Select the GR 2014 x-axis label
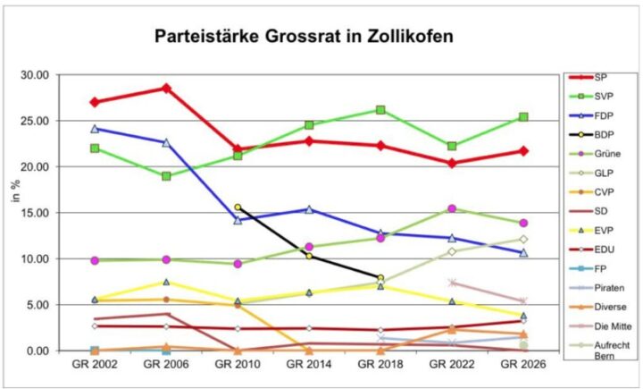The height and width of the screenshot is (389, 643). (x=308, y=365)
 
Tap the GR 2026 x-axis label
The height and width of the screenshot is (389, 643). (x=523, y=365)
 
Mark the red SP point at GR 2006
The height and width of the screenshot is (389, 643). (x=165, y=88)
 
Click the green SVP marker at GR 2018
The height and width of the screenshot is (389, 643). (x=380, y=110)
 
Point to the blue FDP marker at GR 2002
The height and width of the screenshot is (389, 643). (x=94, y=128)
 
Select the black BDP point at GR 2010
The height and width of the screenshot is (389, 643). (x=238, y=207)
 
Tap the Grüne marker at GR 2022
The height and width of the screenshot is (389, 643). (x=452, y=208)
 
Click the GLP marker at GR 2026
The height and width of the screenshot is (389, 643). (x=524, y=239)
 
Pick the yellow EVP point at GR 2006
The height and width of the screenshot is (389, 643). (x=165, y=282)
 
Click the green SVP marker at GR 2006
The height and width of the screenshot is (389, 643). (x=165, y=176)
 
